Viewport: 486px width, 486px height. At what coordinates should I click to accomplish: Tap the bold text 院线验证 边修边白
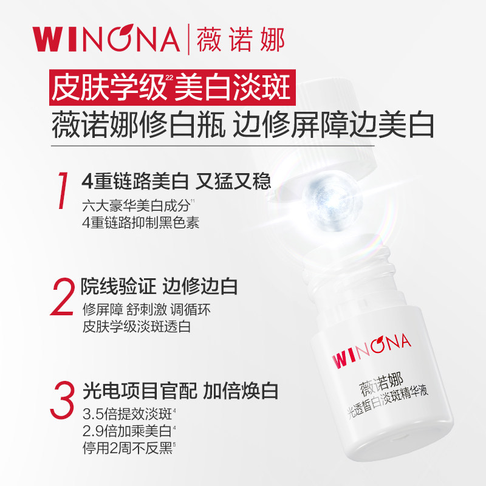[x=159, y=285]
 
